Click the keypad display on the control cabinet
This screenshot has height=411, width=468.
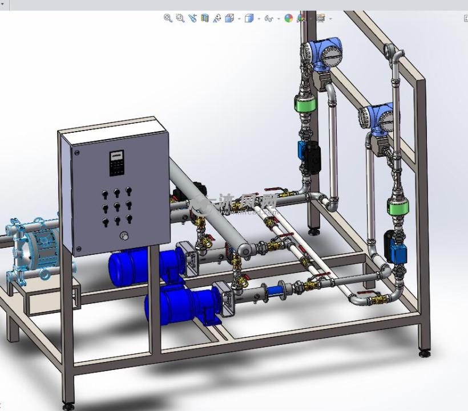pyautogui.click(x=117, y=162)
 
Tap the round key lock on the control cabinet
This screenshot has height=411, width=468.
pyautogui.click(x=122, y=235)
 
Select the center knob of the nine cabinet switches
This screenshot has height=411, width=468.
pyautogui.click(x=117, y=206)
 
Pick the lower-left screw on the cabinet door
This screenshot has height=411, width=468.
pyautogui.click(x=78, y=249)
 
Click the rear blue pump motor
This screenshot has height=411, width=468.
pyautogui.click(x=137, y=268)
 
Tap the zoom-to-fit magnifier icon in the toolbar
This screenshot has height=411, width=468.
pyautogui.click(x=168, y=18)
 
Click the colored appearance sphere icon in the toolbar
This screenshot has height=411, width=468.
pyautogui.click(x=289, y=18)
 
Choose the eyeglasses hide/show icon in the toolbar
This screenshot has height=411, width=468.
pyautogui.click(x=269, y=18)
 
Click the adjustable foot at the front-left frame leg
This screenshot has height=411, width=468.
pyautogui.click(x=68, y=406)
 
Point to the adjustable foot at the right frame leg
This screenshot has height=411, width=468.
pyautogui.click(x=424, y=353)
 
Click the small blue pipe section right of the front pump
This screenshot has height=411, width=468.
pyautogui.click(x=280, y=290)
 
